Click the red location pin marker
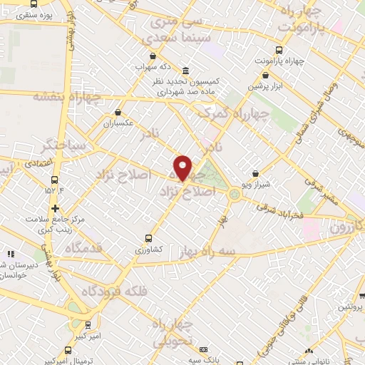click(183, 168)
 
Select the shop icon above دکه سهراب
click(151, 55)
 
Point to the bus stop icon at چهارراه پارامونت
click(278, 51)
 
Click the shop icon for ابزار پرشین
click(265, 74)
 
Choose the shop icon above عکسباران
click(118, 112)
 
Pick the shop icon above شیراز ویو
click(256, 173)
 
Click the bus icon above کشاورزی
click(148, 238)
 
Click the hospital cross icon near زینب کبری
click(55, 208)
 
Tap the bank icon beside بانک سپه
click(205, 349)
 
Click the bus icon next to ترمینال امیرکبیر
click(68, 350)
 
